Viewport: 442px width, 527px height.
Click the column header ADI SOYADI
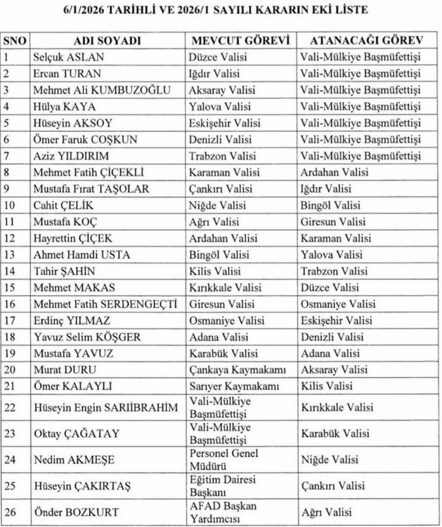pyautogui.click(x=107, y=41)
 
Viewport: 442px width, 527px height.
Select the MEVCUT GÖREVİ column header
pyautogui.click(x=241, y=41)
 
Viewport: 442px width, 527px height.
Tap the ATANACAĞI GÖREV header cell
pyautogui.click(x=366, y=41)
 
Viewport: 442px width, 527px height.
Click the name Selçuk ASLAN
pyautogui.click(x=69, y=57)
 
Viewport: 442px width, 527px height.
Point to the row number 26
pyautogui.click(x=10, y=512)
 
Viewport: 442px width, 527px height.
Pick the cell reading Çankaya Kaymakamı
pyautogui.click(x=238, y=370)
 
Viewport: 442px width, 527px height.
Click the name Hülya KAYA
pyautogui.click(x=64, y=107)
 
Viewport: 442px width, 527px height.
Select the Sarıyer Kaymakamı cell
pyautogui.click(x=234, y=386)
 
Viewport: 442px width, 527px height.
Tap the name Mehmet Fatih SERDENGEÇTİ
pyautogui.click(x=106, y=304)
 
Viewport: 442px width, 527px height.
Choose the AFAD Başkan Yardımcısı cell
pyautogui.click(x=223, y=512)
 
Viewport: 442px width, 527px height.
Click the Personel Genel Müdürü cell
pyautogui.click(x=224, y=460)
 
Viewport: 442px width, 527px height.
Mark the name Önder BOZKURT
pyautogui.click(x=77, y=512)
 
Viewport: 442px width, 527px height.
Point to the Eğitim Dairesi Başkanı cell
pyautogui.click(x=222, y=486)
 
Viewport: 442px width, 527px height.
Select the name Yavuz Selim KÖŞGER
pyautogui.click(x=87, y=337)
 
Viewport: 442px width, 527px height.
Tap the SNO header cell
pyautogui.click(x=15, y=41)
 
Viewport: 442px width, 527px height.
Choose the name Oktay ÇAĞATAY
pyautogui.click(x=77, y=433)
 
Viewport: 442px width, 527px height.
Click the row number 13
pyautogui.click(x=10, y=255)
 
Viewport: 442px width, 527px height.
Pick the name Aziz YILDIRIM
pyautogui.click(x=71, y=156)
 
